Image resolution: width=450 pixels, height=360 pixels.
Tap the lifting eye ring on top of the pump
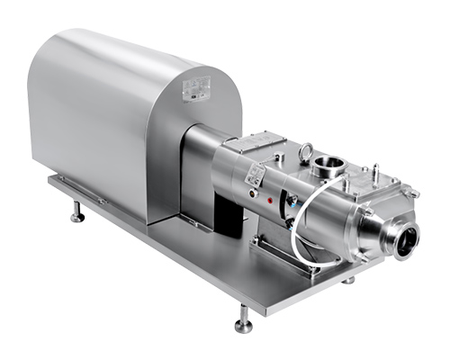pos(306,151)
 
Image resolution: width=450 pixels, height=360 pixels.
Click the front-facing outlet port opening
pos(407,239)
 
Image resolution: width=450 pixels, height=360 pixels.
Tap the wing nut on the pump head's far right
pos(413,193)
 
